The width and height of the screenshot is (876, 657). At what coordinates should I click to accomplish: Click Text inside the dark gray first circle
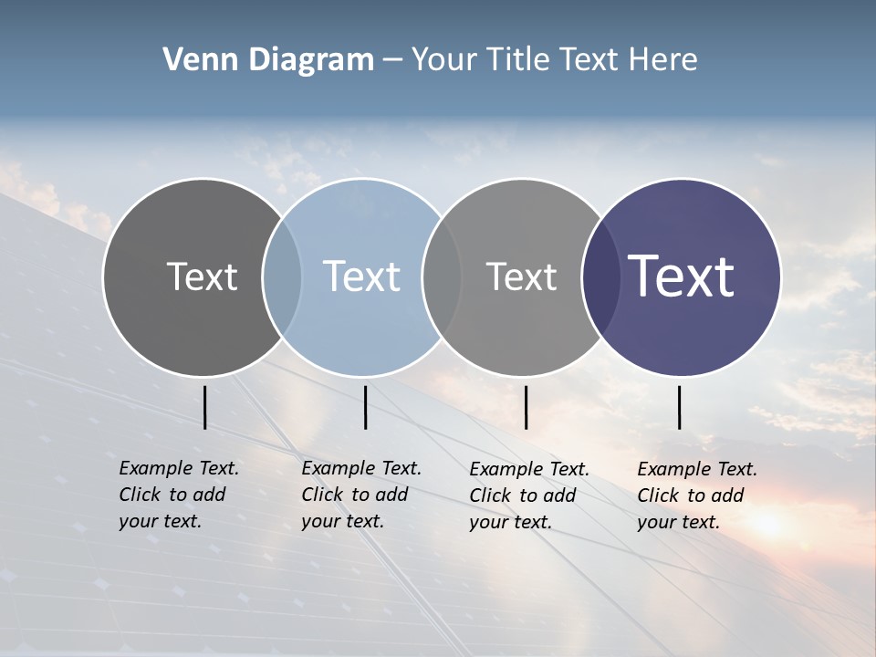pos(202,276)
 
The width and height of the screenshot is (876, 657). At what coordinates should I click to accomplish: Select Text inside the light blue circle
pos(361,276)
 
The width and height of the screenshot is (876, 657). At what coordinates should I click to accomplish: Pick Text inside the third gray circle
pos(521,276)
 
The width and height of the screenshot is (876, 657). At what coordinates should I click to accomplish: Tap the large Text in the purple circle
pos(682,276)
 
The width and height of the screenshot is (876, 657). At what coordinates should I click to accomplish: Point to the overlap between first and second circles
pos(282,276)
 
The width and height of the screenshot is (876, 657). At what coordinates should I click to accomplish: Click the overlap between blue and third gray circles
pos(442,276)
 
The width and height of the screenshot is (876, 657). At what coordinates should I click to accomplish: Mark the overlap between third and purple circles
pos(600,276)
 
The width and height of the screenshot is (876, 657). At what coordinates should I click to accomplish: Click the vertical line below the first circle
pos(204,407)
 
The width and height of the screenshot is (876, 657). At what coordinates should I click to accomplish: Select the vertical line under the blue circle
pos(365,407)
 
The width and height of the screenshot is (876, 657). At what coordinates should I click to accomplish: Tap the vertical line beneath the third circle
pos(526,407)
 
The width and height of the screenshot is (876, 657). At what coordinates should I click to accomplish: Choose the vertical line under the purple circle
pos(679,407)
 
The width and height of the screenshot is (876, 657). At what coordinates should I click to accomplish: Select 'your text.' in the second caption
pos(342,521)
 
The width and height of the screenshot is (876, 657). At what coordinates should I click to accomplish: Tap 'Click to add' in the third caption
pos(523,495)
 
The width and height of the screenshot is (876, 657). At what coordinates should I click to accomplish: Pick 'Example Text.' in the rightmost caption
pos(697,469)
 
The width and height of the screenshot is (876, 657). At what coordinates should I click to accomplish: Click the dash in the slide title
pos(392,60)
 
